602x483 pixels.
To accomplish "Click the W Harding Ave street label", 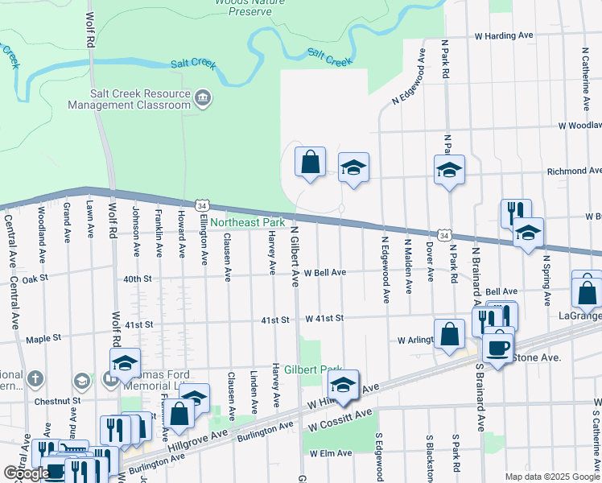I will [504, 36].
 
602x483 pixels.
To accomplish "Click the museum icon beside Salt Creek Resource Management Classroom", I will [203, 99].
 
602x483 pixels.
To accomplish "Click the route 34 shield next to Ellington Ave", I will [201, 207].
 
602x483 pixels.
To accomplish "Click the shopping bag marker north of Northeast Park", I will [310, 163].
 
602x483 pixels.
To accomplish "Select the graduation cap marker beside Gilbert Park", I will [343, 386].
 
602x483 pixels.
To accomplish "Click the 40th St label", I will [138, 279].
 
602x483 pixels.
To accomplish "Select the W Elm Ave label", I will [332, 453].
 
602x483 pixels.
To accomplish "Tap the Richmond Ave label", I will [574, 171].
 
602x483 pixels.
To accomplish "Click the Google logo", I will [27, 473].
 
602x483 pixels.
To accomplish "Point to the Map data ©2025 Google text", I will [551, 477].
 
